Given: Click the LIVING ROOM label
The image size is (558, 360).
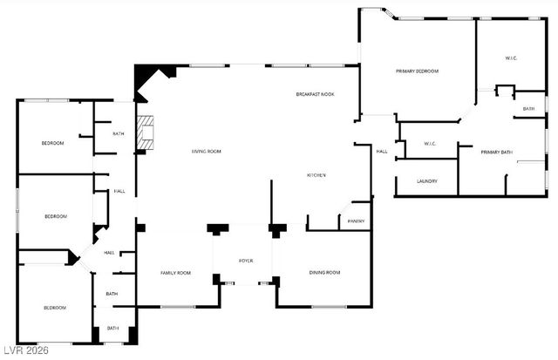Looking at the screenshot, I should point(207,152).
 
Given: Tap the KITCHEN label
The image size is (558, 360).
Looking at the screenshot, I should point(316,175).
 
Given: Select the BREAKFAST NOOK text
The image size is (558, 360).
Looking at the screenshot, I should point(315,94).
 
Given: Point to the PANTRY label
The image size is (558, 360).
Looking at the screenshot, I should point(356,221).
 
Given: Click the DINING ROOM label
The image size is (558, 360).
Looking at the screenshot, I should point(324,273).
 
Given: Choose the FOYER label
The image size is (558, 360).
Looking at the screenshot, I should point(247,261).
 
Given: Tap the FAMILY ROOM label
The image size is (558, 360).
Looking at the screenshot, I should point(175,273).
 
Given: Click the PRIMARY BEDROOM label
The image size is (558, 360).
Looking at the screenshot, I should point(417,71).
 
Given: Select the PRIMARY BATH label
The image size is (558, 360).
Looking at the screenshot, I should point(497,152).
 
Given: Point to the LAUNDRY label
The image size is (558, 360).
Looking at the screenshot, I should point(426,181).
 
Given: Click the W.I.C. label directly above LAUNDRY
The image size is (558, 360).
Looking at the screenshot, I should point(430,144).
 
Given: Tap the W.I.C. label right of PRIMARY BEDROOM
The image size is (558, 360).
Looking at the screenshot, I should point(512,58).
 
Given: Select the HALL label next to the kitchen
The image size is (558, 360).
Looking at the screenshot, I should point(381,152).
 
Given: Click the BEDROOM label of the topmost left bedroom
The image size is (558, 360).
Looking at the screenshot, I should point(52,143).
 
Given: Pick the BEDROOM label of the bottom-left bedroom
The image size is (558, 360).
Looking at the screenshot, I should point(55,307).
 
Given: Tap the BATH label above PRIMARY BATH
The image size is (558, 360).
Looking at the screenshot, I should point(528,109).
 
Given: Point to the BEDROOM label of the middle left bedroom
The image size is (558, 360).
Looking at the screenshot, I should point(55,216).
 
